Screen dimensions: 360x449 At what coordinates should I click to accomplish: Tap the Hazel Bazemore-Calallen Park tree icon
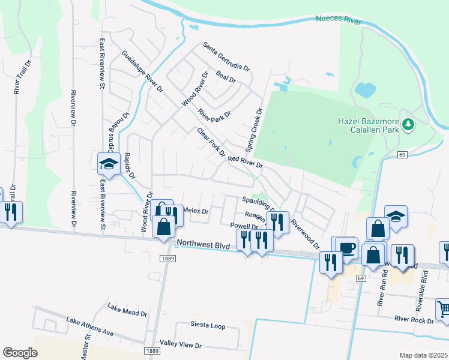[409, 124]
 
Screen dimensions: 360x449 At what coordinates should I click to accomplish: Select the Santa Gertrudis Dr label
[226, 57]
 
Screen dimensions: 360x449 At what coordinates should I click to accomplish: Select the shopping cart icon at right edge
[444, 309]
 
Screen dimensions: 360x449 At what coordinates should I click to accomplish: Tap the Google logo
[20, 353]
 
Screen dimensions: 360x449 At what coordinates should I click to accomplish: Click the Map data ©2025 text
[423, 355]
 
